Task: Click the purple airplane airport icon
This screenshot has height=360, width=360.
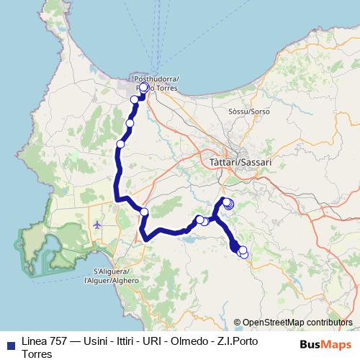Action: point(97,225)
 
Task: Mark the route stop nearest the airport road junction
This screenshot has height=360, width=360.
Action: point(144,212)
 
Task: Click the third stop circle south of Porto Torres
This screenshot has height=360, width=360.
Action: point(120,144)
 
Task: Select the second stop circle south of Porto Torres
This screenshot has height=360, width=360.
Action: point(130,123)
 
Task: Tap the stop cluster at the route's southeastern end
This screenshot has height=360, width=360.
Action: point(240,251)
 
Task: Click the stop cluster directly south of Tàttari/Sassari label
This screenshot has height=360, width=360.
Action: point(228,204)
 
